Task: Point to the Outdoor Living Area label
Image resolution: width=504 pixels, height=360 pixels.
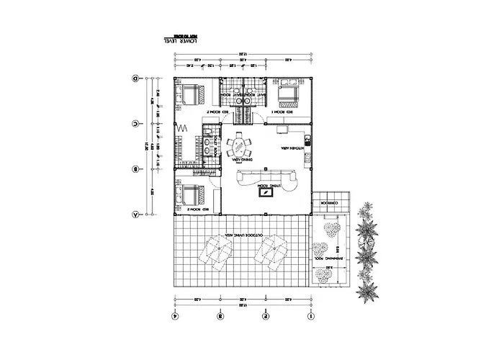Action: pos(240,235)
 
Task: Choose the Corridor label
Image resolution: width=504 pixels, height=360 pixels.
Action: pos(328,202)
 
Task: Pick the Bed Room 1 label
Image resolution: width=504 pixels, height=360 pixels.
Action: pos(279,113)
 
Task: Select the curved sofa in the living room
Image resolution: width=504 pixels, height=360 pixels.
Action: pos(266,176)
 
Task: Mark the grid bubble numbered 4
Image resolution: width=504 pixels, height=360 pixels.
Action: pos(174,315)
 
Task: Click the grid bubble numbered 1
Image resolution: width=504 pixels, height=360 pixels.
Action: pos(310,315)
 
